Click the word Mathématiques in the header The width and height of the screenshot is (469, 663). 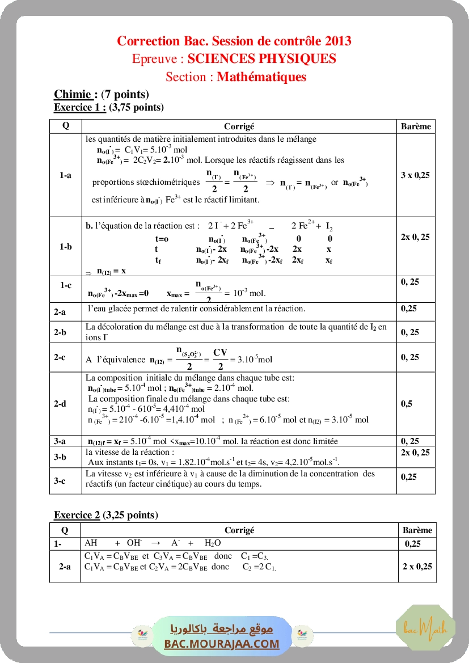tap(261, 77)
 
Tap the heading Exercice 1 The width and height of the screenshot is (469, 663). tap(80, 107)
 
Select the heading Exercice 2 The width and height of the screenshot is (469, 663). tap(77, 515)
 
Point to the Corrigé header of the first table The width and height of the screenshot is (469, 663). tap(239, 126)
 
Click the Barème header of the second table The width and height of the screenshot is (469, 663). tap(417, 530)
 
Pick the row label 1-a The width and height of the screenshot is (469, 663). tap(65, 175)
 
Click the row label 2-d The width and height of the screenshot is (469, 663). tap(60, 404)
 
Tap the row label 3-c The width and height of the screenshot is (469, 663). tap(60, 481)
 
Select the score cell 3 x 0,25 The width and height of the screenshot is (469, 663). tap(415, 175)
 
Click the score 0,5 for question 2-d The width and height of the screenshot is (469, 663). tap(407, 404)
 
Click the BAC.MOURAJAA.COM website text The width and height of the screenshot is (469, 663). tap(222, 644)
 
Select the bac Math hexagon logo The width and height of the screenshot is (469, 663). tap(425, 626)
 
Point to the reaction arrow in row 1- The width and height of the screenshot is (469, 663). tap(157, 543)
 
